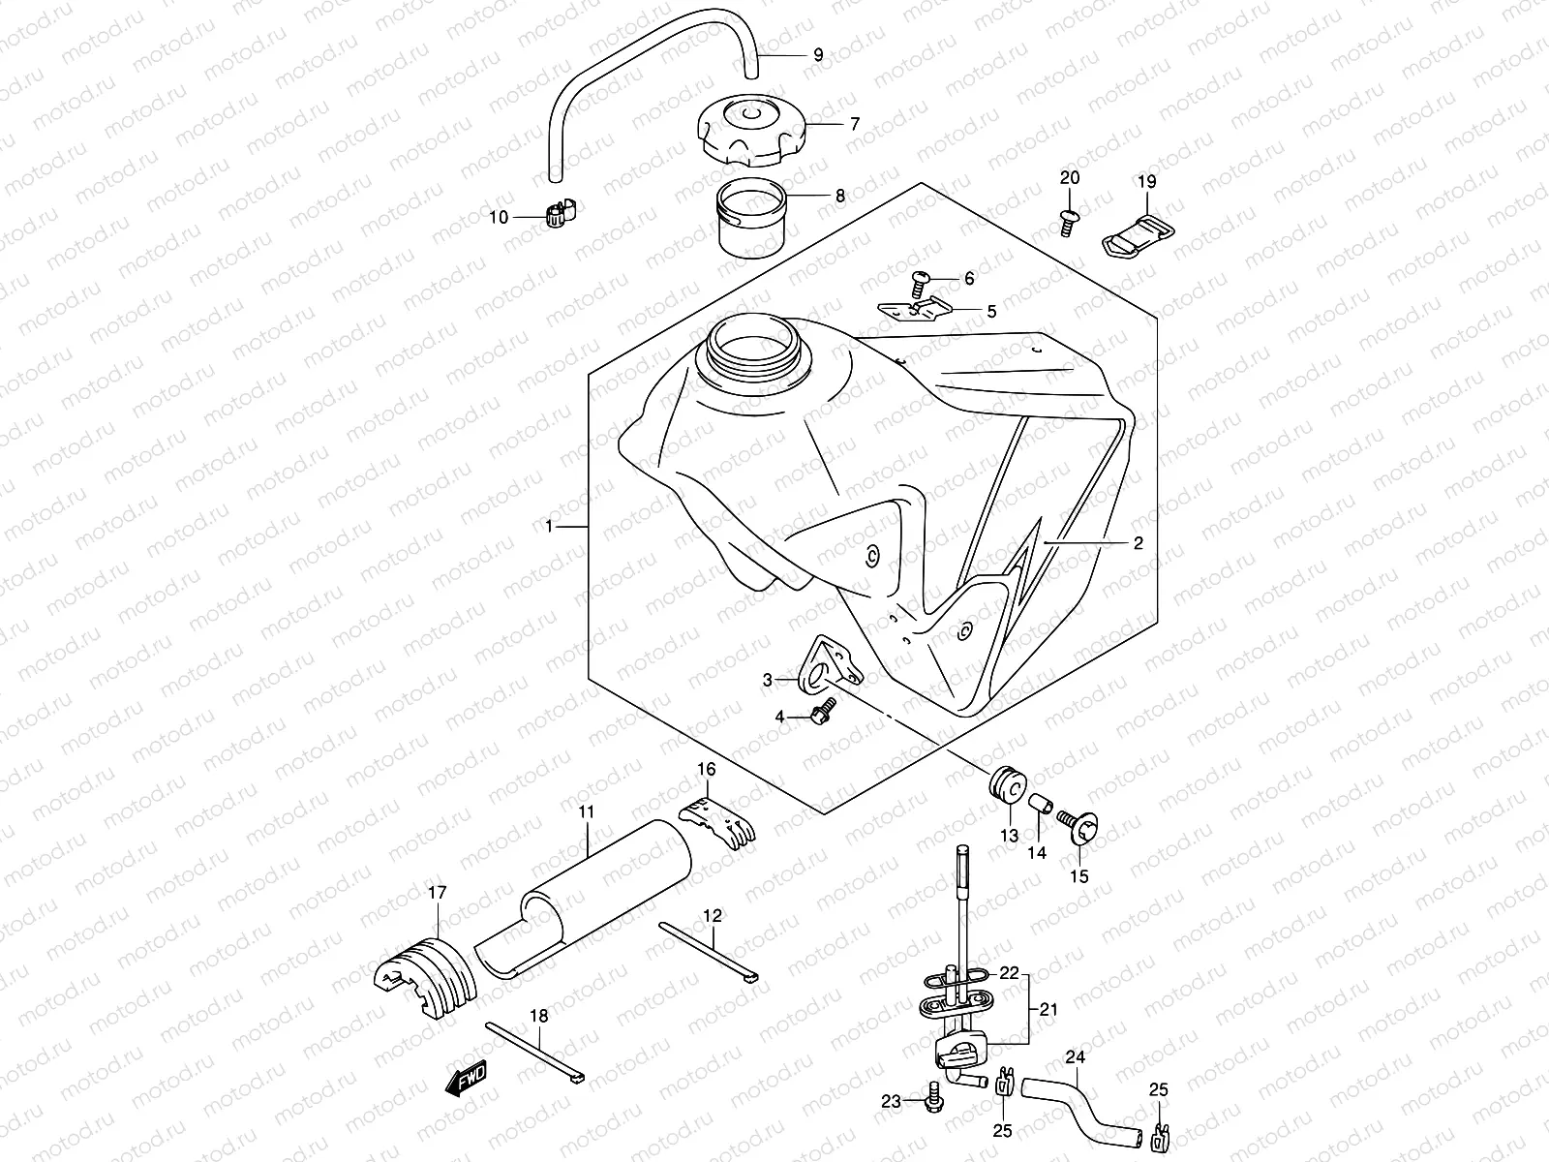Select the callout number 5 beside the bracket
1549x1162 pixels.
tap(991, 311)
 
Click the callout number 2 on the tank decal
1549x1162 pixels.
tap(1138, 543)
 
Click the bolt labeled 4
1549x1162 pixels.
tap(826, 715)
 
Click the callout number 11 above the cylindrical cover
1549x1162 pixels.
tap(588, 810)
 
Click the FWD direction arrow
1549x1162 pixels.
tap(466, 1078)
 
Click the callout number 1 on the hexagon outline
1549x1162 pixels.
tap(549, 526)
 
